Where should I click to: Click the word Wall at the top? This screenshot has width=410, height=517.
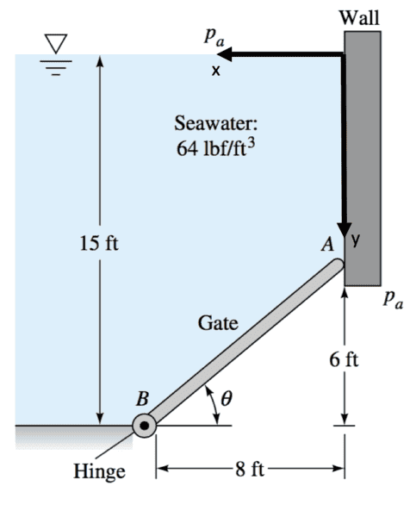pos(359,17)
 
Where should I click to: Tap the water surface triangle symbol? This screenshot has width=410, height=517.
pos(56,43)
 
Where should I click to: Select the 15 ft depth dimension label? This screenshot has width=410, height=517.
pos(99,244)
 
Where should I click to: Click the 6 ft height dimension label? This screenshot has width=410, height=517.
pos(344,359)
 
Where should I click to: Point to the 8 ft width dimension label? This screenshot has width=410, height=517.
pos(250,469)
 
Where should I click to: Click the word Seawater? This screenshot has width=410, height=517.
pos(216,123)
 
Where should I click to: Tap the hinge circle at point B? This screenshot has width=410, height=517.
pos(145,426)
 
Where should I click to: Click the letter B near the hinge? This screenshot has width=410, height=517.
pos(142,399)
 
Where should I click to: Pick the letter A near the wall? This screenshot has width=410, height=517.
pos(328,245)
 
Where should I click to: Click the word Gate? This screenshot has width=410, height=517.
pos(218,323)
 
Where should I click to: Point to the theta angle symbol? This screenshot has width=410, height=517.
pos(226,398)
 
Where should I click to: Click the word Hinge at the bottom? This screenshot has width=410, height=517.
pos(99,471)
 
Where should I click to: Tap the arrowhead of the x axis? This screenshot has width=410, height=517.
pos(225,54)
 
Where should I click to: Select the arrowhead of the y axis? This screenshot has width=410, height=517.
pos(345,229)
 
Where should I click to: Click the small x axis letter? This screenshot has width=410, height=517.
pos(215,71)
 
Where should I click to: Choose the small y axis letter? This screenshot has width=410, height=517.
pos(355,240)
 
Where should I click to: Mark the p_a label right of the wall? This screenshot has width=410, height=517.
pos(393,300)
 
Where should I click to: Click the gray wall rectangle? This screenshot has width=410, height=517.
pos(363,159)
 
